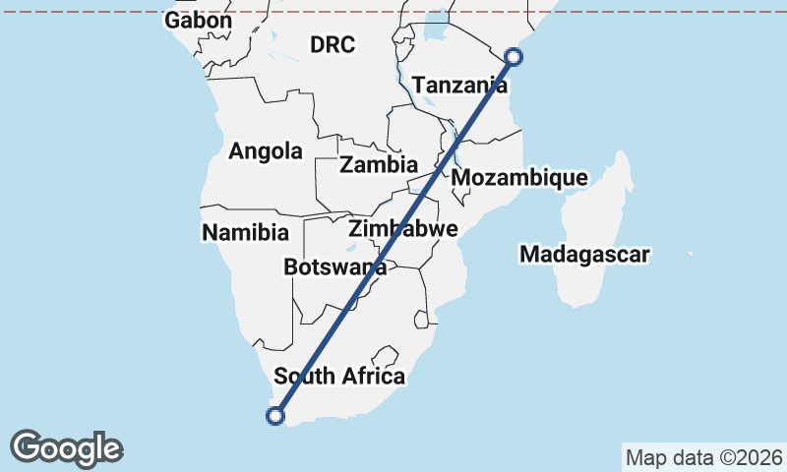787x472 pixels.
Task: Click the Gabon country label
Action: tap(199, 21)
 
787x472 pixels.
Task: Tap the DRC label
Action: tap(332, 44)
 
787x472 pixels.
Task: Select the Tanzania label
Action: tap(459, 86)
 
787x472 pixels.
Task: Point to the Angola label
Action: tap(266, 151)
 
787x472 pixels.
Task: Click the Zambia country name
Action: tap(379, 164)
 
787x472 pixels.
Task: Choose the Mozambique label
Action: tap(519, 178)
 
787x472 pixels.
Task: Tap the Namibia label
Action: tap(246, 233)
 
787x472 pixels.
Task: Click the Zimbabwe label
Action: tap(403, 229)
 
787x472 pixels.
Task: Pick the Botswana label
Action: tap(334, 266)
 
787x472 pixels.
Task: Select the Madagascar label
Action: tap(585, 255)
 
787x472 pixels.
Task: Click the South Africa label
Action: tap(339, 376)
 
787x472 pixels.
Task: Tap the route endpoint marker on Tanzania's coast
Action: tap(514, 57)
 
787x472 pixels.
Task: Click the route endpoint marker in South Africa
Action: tap(275, 416)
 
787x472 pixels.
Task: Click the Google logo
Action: tap(66, 448)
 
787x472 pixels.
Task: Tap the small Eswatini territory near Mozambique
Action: tap(424, 318)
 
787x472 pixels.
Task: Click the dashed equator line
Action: tap(295, 12)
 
